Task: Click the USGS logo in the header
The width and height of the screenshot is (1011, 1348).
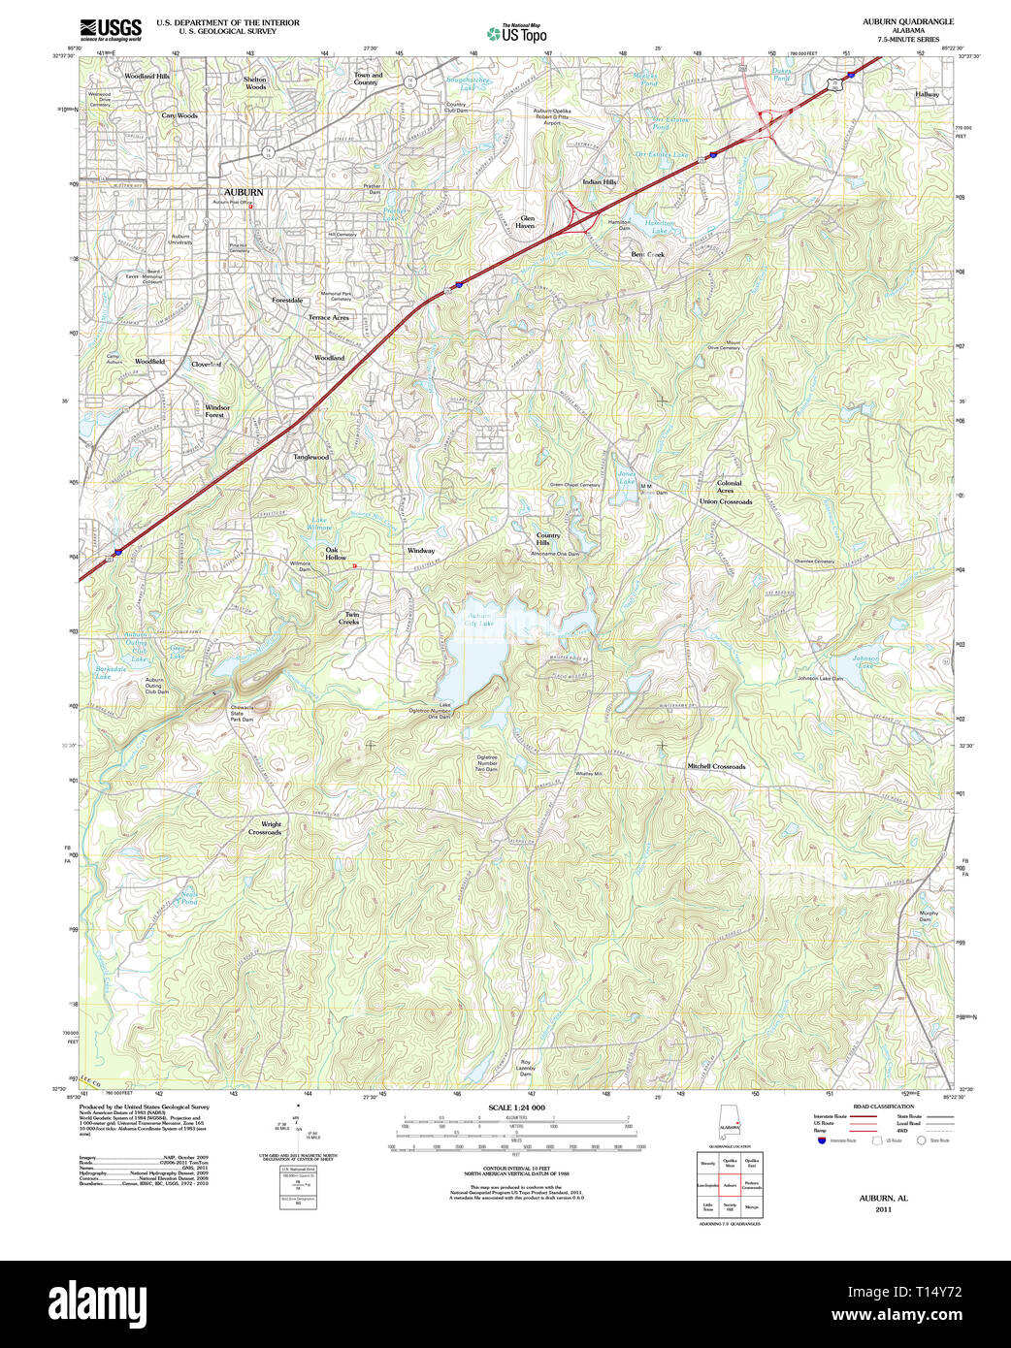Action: click(x=110, y=28)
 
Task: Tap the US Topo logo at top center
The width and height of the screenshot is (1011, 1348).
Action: click(x=517, y=34)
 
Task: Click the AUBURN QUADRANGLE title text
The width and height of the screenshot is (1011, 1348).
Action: click(x=907, y=21)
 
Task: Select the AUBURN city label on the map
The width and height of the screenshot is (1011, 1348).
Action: click(x=244, y=192)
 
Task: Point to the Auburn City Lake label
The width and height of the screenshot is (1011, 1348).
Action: click(x=480, y=619)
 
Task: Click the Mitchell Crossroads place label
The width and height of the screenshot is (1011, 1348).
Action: click(x=716, y=766)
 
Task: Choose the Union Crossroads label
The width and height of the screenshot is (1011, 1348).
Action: click(x=726, y=501)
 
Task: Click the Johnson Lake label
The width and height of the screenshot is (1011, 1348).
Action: click(x=865, y=661)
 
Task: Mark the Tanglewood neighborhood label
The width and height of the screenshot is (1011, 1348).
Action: click(x=311, y=457)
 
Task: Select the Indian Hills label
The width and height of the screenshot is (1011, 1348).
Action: click(x=599, y=181)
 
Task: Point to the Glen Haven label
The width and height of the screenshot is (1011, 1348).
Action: click(x=527, y=222)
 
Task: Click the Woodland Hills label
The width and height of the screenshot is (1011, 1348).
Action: click(x=147, y=76)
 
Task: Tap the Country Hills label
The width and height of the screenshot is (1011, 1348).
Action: click(x=548, y=539)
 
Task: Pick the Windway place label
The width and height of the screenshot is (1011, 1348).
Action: click(x=420, y=550)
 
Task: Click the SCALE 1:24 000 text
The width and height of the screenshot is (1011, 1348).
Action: click(x=516, y=1107)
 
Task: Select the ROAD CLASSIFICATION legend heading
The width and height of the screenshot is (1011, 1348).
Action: click(x=883, y=1107)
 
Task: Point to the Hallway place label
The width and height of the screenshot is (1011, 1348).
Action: click(x=927, y=94)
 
